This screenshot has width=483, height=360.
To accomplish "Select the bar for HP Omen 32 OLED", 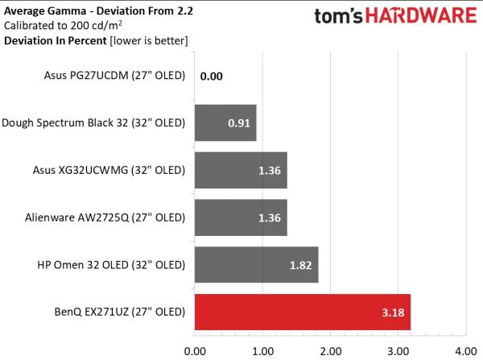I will click(x=256, y=264).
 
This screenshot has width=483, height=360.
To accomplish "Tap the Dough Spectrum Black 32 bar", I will click(x=225, y=123).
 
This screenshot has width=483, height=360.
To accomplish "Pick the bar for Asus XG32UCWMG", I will click(x=240, y=170).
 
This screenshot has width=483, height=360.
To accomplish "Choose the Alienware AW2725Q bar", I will click(x=240, y=217).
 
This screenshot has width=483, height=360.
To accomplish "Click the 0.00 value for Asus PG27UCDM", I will click(x=212, y=77).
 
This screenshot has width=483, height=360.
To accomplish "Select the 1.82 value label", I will click(x=300, y=265).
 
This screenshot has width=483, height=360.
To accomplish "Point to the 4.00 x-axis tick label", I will click(x=466, y=350).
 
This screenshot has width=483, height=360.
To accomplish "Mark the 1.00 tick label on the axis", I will click(x=262, y=350).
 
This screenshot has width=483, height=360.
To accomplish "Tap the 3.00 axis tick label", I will click(x=398, y=350).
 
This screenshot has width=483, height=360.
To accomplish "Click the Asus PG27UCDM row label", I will click(x=114, y=77).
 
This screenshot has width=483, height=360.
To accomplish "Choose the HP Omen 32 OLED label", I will click(x=112, y=264).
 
